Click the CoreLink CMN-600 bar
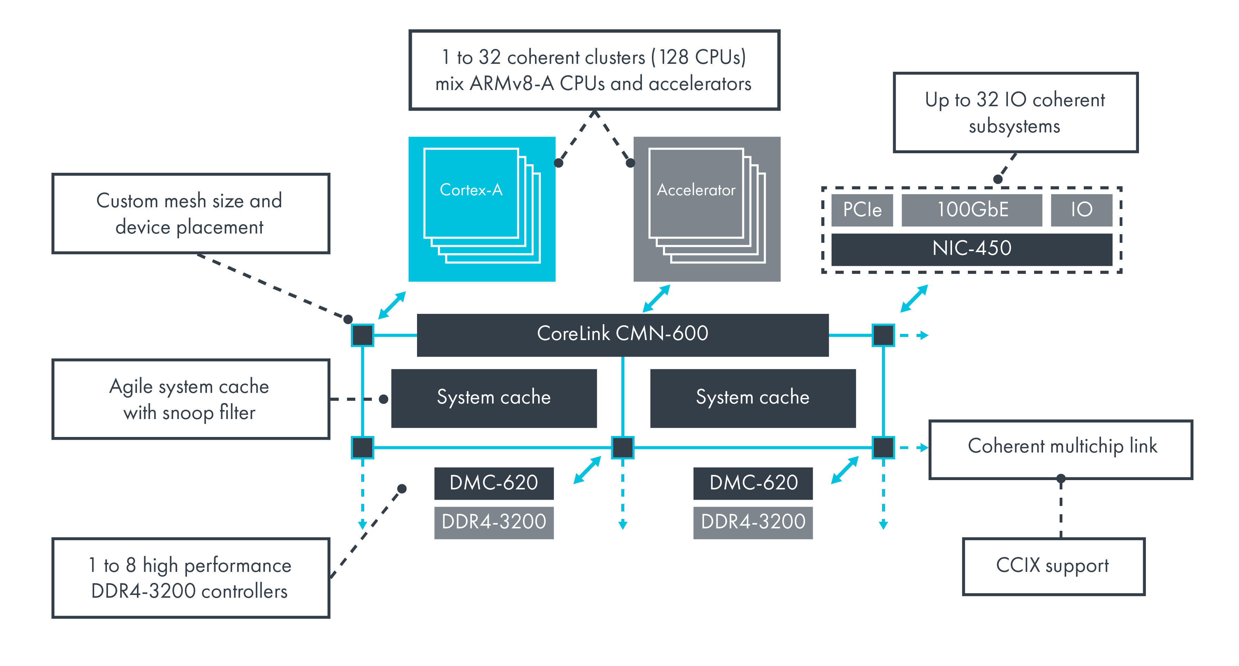[622, 335]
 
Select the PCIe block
[862, 210]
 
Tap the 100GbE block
[972, 210]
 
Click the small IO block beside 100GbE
[1081, 210]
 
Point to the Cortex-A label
[471, 190]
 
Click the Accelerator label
[696, 190]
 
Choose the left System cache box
[494, 398]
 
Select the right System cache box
[753, 398]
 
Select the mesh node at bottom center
[622, 448]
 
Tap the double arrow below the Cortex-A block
[392, 305]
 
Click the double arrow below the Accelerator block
[656, 299]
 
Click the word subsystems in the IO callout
[1014, 127]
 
